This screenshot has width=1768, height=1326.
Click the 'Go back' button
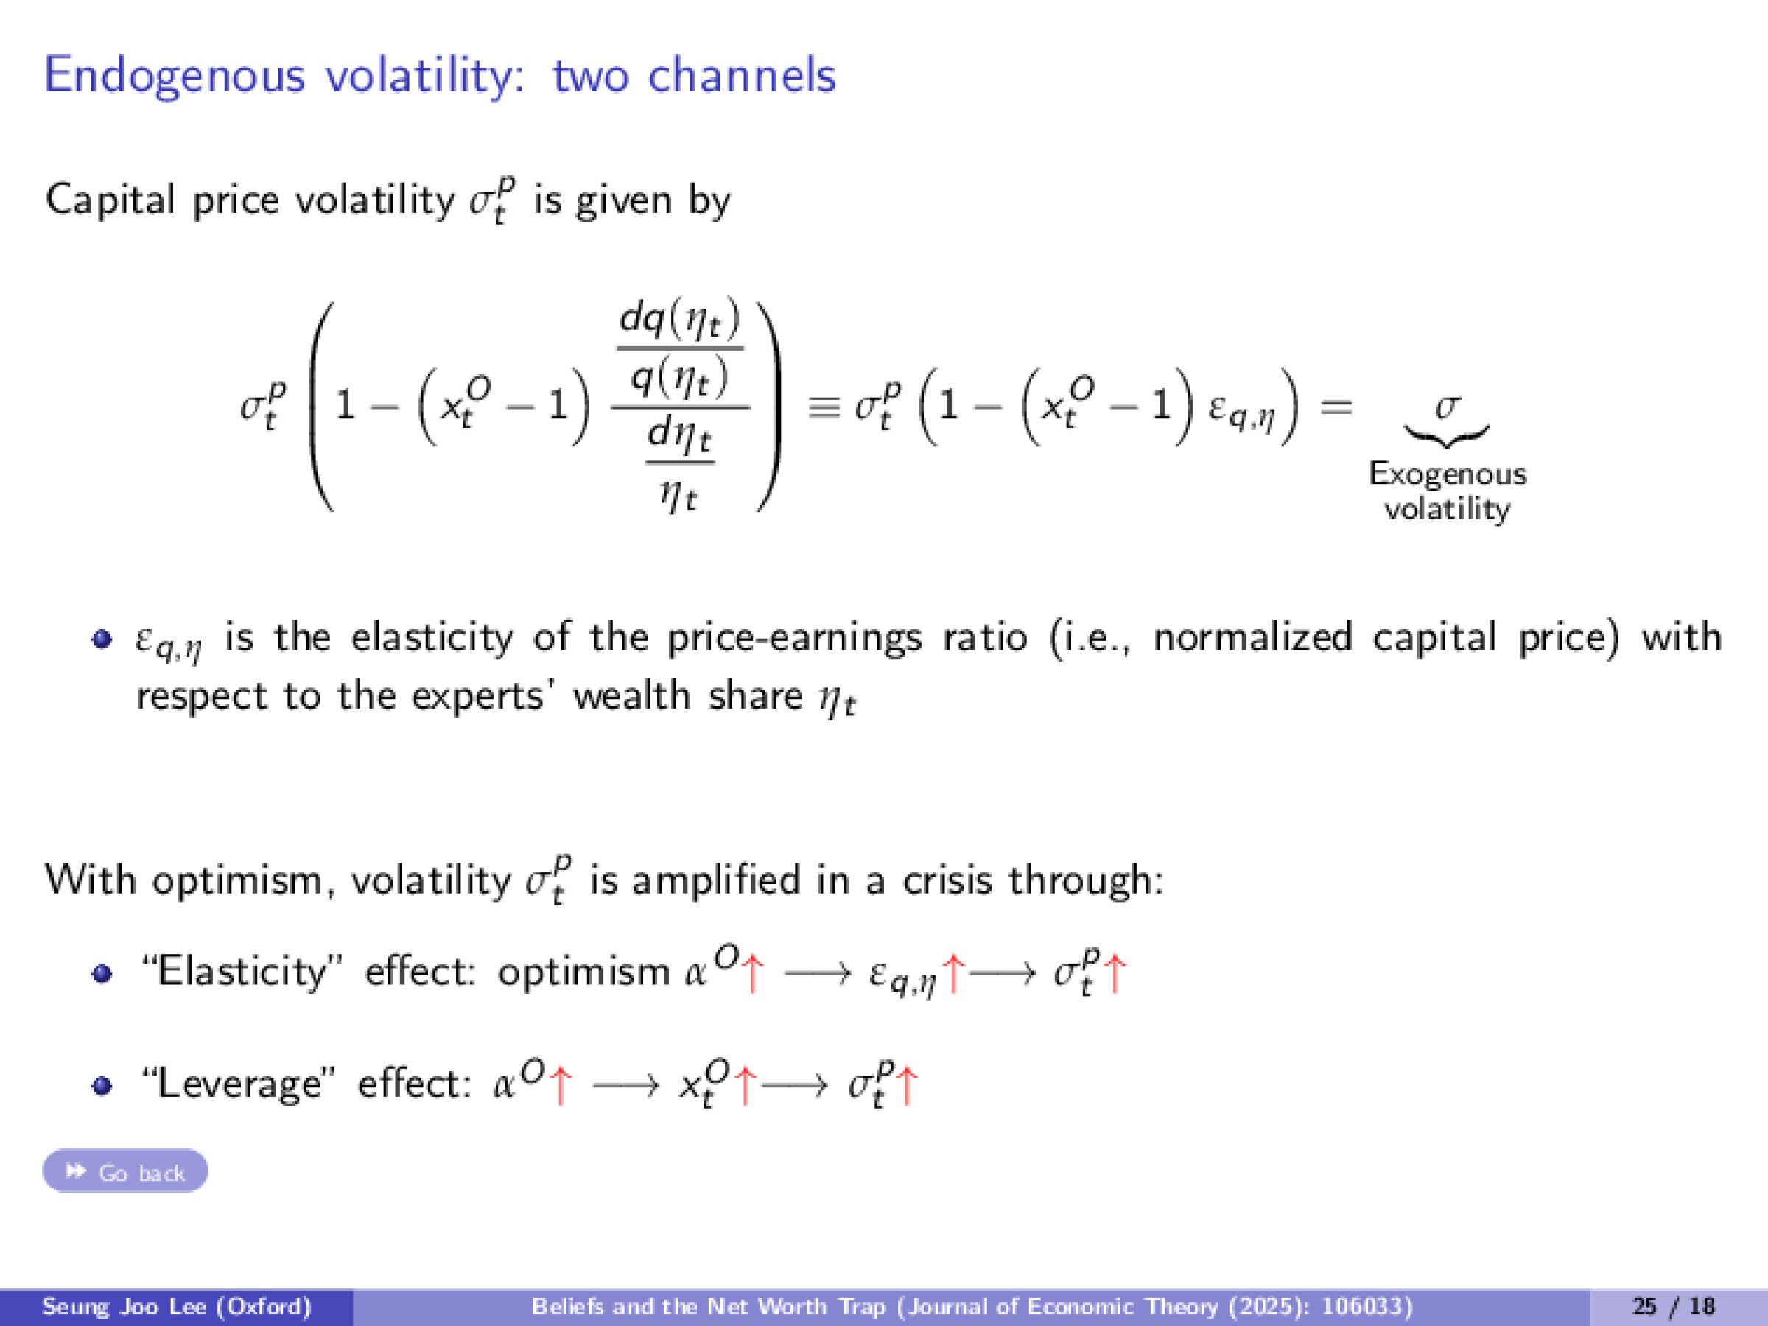125,1172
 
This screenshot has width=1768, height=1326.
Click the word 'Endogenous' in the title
175,75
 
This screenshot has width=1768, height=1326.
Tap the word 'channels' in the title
741,75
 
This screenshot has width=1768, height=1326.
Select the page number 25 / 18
1674,1306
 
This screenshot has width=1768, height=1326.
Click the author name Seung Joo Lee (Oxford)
176,1306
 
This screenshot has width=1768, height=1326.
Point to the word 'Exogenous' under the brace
1448,474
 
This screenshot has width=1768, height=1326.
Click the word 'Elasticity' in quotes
244,972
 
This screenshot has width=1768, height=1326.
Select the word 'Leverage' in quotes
239,1084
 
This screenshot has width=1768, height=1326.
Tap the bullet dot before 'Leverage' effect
102,1085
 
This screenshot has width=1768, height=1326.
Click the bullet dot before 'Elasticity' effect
102,974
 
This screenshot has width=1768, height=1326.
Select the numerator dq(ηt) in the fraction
679,320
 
